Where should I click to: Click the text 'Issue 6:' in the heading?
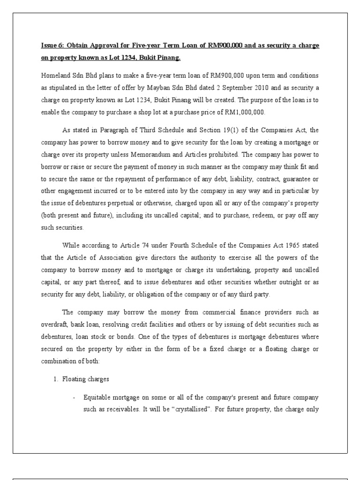[52, 46]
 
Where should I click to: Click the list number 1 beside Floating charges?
[54, 379]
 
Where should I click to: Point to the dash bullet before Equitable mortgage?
[74, 397]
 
